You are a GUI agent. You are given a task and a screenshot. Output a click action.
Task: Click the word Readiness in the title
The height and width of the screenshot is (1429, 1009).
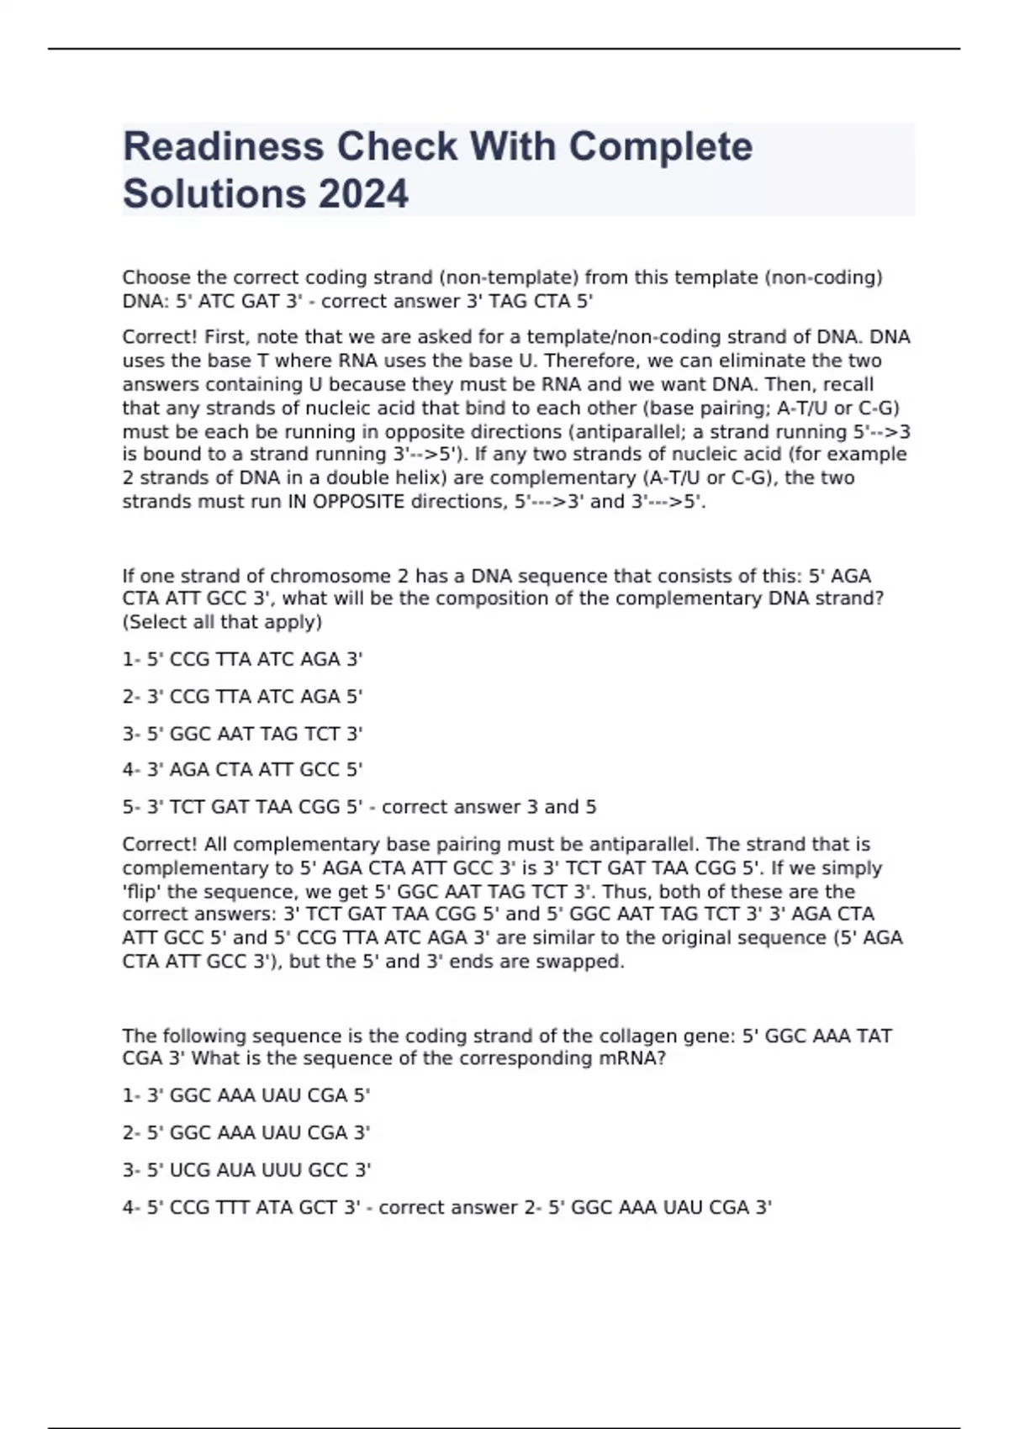pyautogui.click(x=224, y=147)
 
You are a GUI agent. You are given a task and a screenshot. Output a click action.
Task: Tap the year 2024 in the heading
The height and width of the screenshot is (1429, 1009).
pyautogui.click(x=363, y=194)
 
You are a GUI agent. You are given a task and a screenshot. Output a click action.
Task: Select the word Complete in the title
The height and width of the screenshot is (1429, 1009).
pyautogui.click(x=660, y=147)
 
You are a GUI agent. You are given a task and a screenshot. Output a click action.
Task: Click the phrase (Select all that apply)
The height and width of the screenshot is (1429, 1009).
pyautogui.click(x=222, y=623)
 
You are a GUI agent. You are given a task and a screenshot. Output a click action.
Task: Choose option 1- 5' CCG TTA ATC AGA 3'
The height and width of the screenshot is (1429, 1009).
pyautogui.click(x=242, y=660)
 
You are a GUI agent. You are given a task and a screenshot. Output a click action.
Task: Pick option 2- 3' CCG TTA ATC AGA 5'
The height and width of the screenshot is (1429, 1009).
pyautogui.click(x=242, y=697)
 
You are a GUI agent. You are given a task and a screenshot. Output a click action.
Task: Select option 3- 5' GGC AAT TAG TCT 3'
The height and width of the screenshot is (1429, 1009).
pyautogui.click(x=242, y=734)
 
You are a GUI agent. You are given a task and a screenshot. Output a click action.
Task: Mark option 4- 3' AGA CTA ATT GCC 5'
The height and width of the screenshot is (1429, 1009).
pyautogui.click(x=242, y=770)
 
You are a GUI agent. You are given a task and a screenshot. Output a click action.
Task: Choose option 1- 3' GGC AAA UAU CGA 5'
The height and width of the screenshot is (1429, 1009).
pyautogui.click(x=246, y=1096)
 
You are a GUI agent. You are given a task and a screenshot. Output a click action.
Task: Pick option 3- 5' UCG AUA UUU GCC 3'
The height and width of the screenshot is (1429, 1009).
pyautogui.click(x=246, y=1170)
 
